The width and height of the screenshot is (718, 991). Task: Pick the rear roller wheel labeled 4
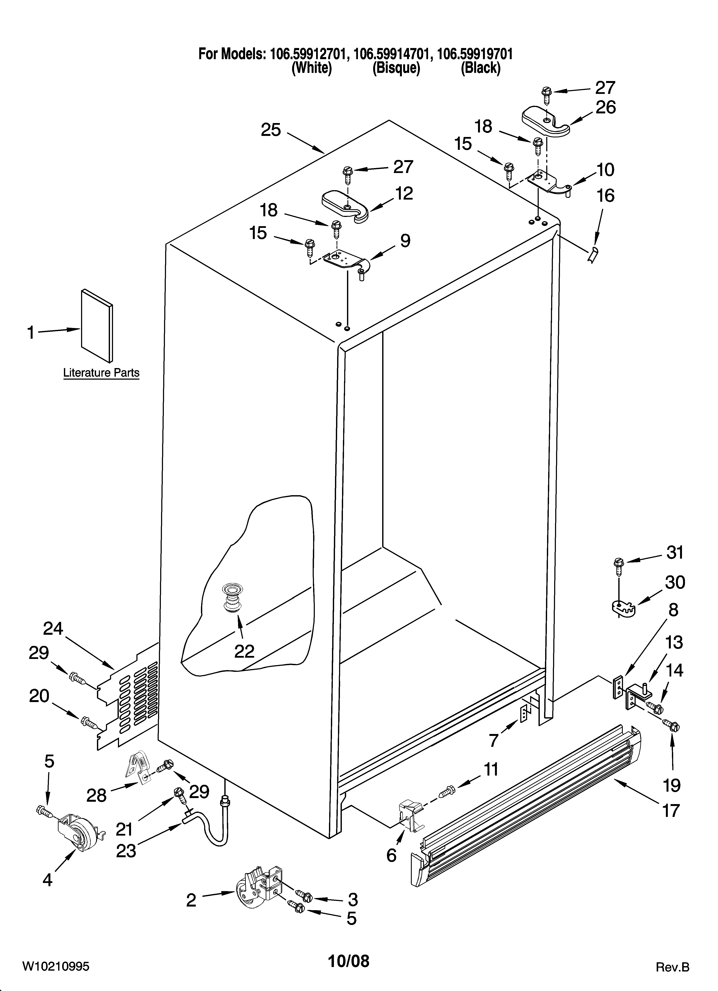coord(79,835)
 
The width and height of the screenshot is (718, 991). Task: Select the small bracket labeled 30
coord(621,606)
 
